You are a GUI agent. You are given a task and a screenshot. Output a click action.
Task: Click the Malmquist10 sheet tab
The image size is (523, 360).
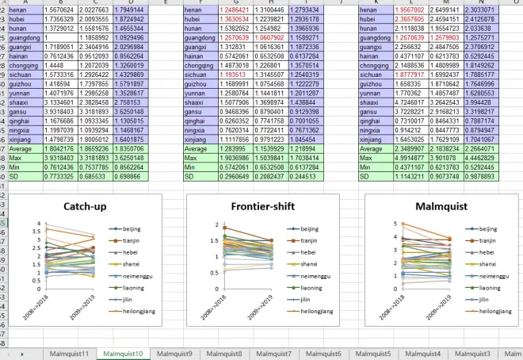[x=122, y=353]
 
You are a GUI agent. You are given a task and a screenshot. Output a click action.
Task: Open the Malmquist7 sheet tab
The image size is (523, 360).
[x=273, y=353]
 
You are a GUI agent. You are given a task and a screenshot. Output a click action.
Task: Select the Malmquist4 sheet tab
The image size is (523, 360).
[x=423, y=353]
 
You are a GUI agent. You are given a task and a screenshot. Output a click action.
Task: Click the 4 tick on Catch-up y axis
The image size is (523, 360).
[x=36, y=223]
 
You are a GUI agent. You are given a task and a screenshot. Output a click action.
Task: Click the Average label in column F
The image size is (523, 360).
[x=197, y=148]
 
